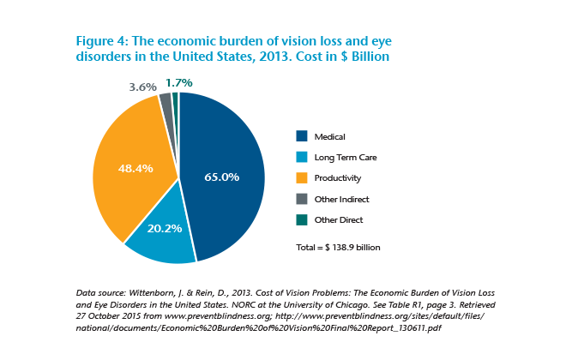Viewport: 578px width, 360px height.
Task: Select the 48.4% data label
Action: [135, 168]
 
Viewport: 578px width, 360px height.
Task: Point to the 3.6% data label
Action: [142, 87]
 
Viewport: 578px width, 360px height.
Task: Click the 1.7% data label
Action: [178, 82]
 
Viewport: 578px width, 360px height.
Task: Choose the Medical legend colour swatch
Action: [301, 135]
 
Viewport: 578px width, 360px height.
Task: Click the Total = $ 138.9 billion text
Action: [337, 248]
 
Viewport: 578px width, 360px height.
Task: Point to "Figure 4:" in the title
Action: [90, 41]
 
